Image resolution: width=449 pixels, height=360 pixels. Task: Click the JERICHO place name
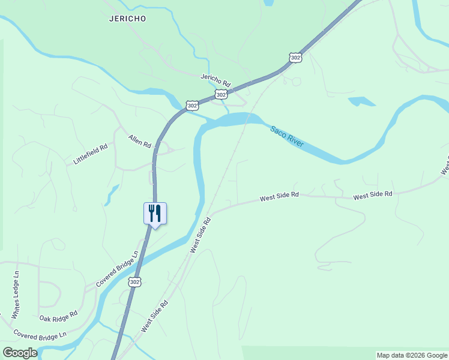[128, 19]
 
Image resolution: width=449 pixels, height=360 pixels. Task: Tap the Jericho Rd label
[215, 79]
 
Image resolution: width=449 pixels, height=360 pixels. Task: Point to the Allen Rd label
[139, 141]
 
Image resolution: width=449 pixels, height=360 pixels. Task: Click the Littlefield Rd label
[90, 154]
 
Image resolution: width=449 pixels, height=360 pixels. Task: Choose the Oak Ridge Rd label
[58, 316]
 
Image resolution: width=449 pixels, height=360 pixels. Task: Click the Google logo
[20, 352]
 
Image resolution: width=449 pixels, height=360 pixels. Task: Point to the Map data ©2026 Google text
[412, 355]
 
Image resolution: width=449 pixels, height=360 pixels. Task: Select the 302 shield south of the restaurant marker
[134, 281]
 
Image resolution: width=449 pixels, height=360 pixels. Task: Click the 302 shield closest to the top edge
[295, 57]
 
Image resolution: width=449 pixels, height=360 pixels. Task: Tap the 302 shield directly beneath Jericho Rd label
[221, 95]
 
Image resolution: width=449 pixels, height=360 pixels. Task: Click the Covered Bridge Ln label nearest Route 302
[116, 269]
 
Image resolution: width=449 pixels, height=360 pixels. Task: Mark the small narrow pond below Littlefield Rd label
[112, 195]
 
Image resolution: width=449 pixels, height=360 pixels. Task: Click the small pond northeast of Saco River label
[362, 101]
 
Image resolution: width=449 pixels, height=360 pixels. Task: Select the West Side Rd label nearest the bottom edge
[154, 317]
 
